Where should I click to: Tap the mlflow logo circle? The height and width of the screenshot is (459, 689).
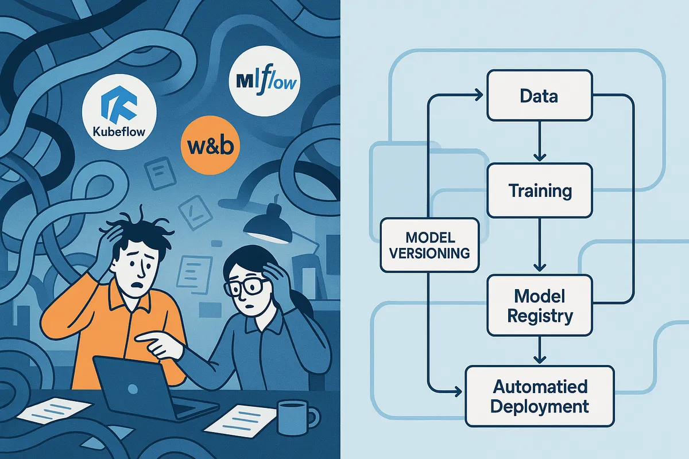pos(266,81)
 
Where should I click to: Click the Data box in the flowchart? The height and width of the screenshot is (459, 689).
pos(539,96)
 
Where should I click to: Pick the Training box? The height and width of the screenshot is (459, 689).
pos(539,190)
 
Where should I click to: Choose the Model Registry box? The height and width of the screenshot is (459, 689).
pos(539,305)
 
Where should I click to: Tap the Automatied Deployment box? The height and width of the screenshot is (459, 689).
pos(539,396)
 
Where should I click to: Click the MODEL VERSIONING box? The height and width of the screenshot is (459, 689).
pos(429,244)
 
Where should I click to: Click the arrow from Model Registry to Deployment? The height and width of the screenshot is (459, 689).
pos(539,350)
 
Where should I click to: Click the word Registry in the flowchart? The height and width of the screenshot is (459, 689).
pos(539,316)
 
